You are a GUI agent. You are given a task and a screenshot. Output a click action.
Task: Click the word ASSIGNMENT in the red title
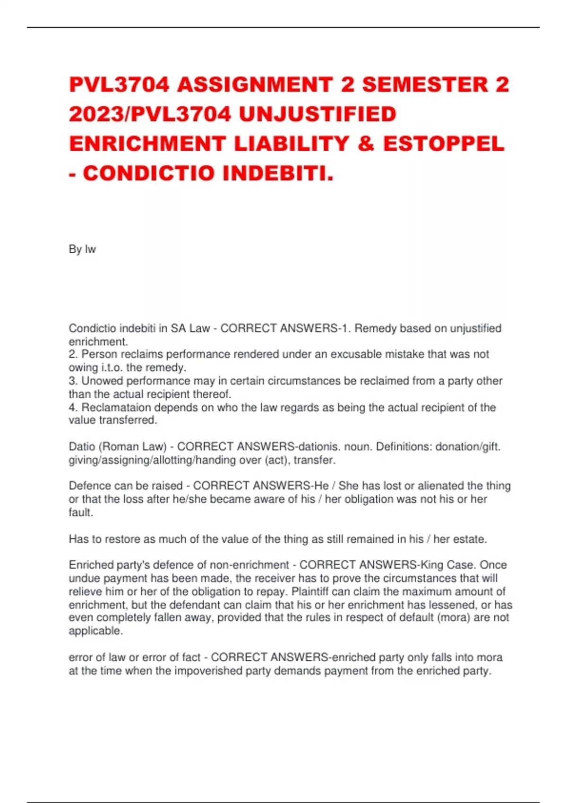(x=255, y=85)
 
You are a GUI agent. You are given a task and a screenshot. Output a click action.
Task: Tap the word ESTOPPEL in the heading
(x=444, y=144)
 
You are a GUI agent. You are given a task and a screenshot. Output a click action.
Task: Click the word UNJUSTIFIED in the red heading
(x=318, y=114)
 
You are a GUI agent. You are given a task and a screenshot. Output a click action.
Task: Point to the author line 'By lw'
(x=82, y=249)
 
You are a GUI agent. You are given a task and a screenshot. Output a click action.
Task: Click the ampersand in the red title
(x=366, y=144)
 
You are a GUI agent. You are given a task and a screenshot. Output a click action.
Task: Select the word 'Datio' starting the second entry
(x=81, y=446)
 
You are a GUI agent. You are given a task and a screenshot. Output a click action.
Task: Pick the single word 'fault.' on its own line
(x=81, y=512)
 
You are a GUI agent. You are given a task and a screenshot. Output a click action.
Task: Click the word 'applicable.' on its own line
(x=96, y=631)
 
